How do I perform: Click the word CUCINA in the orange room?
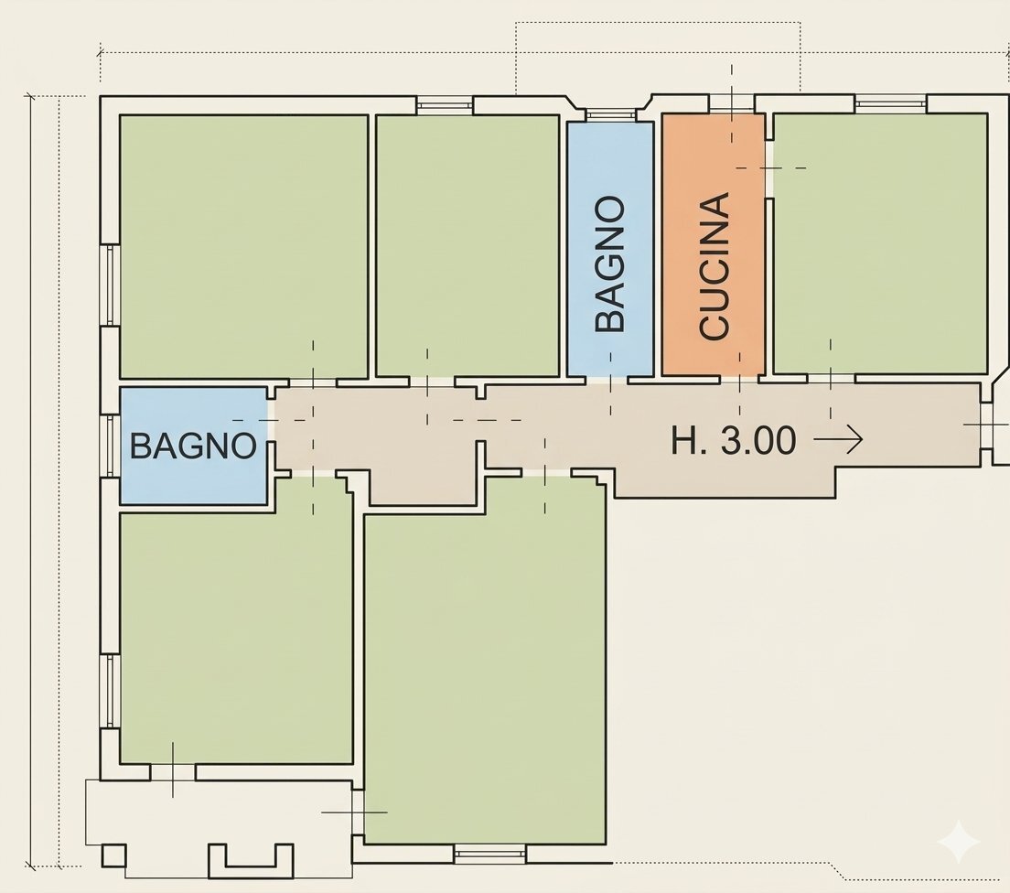tap(714, 266)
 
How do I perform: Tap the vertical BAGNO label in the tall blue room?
tap(610, 264)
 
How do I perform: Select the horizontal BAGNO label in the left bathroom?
tap(193, 446)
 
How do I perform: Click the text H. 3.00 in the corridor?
tap(734, 441)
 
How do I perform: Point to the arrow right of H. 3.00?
tap(838, 441)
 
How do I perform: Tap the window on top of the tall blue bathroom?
tap(610, 115)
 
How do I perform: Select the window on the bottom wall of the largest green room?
tap(489, 855)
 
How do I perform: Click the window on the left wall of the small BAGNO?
tap(110, 446)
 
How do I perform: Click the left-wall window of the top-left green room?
tap(110, 285)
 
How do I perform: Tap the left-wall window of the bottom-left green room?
tap(110, 691)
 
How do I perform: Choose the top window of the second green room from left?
tap(445, 105)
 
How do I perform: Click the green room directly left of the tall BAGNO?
tap(467, 244)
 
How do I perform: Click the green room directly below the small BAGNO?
tap(236, 631)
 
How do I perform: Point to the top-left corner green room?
tap(243, 244)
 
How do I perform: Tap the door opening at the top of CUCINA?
tap(731, 105)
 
